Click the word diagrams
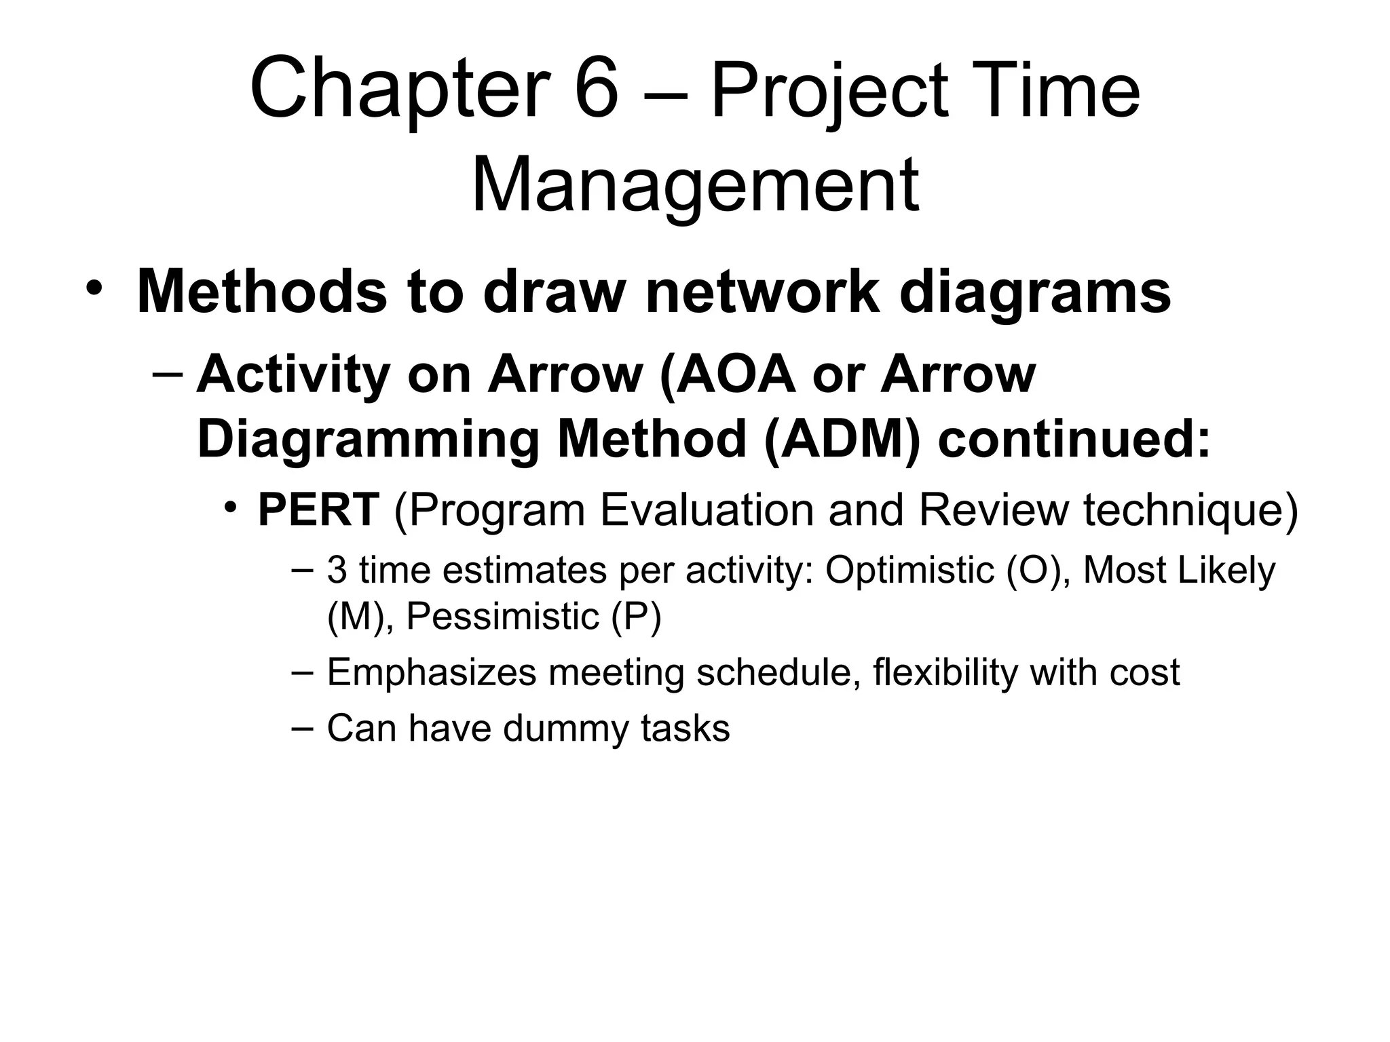click(1035, 292)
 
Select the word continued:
click(1074, 440)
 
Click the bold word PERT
click(318, 510)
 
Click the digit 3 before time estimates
click(337, 570)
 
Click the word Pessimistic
click(503, 617)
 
